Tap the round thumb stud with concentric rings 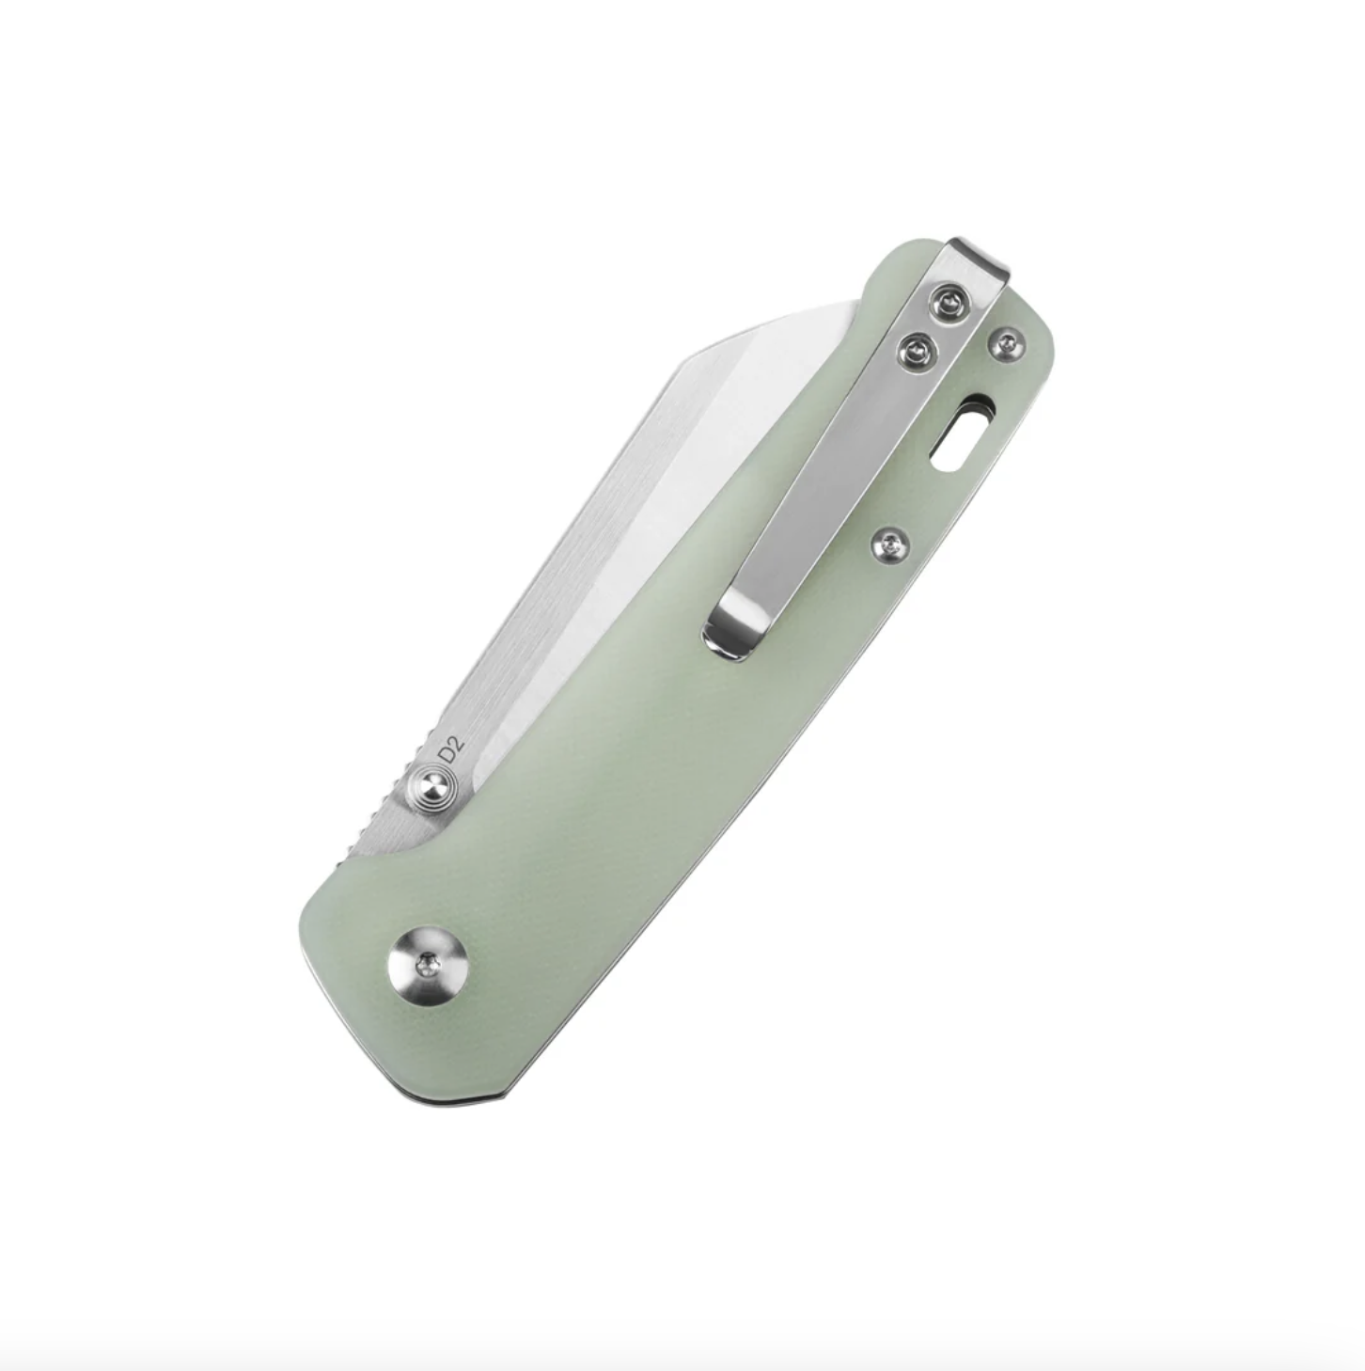click(434, 786)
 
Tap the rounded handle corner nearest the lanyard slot click(1043, 339)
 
